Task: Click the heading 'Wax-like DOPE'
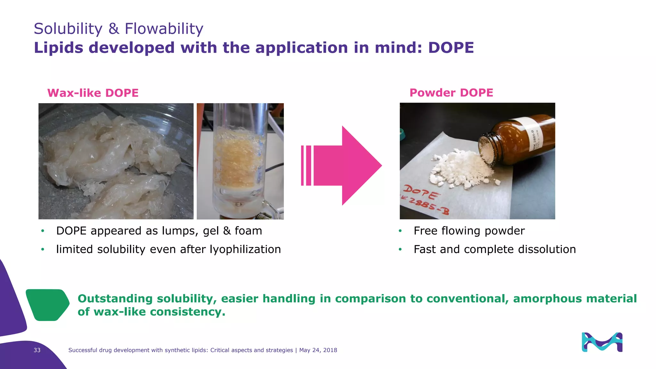point(93,93)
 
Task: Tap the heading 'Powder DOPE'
point(451,93)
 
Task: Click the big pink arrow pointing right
point(346,166)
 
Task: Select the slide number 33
point(37,350)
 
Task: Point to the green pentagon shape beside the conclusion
point(47,305)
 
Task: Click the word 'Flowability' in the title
point(164,29)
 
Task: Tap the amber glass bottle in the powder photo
point(516,141)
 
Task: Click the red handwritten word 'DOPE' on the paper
point(421,193)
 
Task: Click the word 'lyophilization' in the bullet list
point(245,250)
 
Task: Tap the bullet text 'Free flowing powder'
point(469,231)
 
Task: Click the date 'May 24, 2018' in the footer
point(318,350)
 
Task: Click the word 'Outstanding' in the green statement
point(115,299)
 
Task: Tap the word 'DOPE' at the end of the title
point(451,48)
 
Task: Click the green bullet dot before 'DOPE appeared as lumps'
point(43,231)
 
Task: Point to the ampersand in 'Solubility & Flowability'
point(113,29)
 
